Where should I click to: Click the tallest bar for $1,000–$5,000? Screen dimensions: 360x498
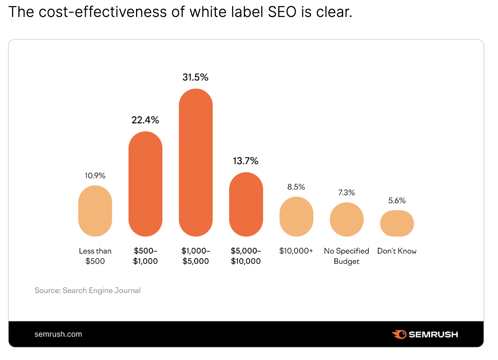[x=196, y=162]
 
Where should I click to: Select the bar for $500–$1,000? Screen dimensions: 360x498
[x=145, y=184]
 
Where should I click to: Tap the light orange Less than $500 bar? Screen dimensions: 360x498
[x=95, y=211]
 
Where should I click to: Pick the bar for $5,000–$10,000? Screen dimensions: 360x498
[x=246, y=205]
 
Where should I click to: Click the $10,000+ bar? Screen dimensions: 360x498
[x=296, y=216]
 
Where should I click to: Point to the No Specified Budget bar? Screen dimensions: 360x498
[x=346, y=219]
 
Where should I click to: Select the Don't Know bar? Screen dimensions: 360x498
[x=397, y=223]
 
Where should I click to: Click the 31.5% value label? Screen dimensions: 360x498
[x=195, y=77]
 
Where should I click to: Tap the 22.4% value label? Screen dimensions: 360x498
[x=145, y=120]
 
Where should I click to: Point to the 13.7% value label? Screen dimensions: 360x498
[x=245, y=161]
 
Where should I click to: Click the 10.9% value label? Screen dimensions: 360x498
[x=95, y=176]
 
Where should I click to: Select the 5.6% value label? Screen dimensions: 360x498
[x=397, y=201]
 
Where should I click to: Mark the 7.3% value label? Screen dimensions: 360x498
[x=346, y=193]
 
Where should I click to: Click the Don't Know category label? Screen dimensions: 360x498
[x=397, y=251]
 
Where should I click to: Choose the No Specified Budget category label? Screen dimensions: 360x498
[x=346, y=256]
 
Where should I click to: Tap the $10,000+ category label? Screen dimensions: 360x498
[x=296, y=251]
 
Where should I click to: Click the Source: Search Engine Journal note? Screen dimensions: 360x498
[x=87, y=290]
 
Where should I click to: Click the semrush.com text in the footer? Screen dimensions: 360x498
[x=58, y=334]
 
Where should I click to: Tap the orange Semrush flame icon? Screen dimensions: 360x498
[x=399, y=334]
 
